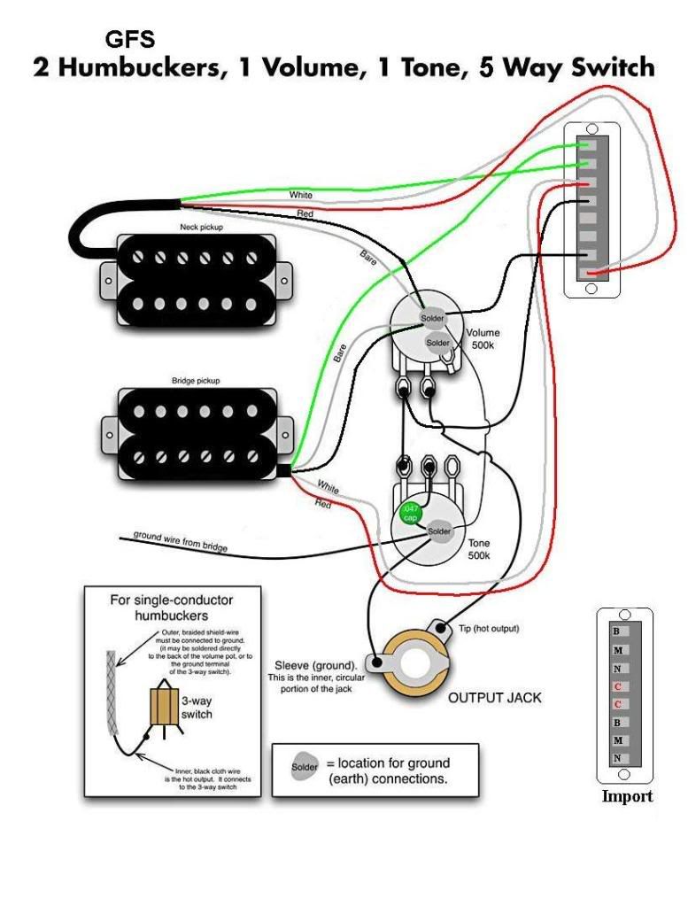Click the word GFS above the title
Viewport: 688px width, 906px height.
(x=129, y=40)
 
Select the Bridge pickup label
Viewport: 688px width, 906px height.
(x=196, y=381)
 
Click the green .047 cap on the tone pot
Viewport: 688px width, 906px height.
(x=411, y=513)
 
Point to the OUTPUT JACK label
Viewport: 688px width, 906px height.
(x=494, y=697)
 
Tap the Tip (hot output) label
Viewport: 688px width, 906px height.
(x=488, y=629)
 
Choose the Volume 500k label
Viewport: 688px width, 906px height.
(x=483, y=338)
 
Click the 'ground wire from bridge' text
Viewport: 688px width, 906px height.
(x=181, y=541)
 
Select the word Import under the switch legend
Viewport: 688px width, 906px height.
(x=627, y=796)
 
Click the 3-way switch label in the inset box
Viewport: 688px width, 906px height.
(x=196, y=707)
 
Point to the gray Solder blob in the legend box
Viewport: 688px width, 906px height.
(x=305, y=764)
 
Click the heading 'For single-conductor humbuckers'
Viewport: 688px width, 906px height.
(x=172, y=607)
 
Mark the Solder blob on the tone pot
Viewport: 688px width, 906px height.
(x=439, y=531)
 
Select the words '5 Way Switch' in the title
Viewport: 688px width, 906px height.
(x=567, y=67)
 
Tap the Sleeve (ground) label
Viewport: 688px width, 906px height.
(x=316, y=664)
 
